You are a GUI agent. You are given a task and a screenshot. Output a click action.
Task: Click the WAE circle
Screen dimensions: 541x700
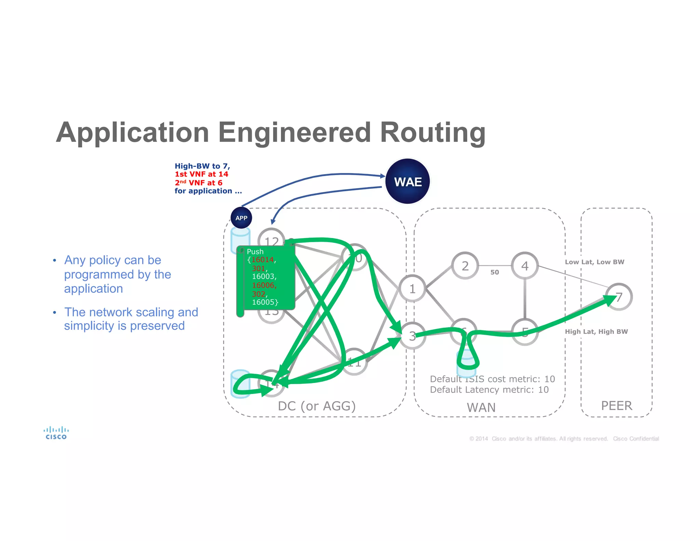click(x=407, y=181)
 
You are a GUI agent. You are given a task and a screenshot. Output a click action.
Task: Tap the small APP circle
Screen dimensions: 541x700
click(x=241, y=218)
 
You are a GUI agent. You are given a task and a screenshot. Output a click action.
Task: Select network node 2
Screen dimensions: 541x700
click(x=465, y=266)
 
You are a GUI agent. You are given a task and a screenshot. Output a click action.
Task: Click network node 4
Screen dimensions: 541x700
click(x=525, y=266)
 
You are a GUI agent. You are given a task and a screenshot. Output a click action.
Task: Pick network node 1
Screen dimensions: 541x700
click(x=413, y=289)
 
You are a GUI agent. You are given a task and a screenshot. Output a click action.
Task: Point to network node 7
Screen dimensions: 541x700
click(x=619, y=297)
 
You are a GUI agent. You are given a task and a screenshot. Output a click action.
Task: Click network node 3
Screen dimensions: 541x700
click(x=413, y=336)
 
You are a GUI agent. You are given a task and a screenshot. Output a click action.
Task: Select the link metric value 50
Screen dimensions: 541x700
click(x=495, y=273)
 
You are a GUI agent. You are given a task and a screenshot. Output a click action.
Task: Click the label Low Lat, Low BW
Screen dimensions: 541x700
click(x=594, y=262)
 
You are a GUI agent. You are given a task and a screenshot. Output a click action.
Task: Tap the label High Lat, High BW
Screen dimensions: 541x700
click(x=596, y=331)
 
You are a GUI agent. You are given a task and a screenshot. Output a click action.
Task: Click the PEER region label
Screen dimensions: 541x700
click(x=617, y=406)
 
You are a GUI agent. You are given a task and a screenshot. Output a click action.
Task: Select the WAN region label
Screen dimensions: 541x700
click(x=481, y=407)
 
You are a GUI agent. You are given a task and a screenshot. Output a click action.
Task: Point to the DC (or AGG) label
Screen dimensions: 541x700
click(x=317, y=406)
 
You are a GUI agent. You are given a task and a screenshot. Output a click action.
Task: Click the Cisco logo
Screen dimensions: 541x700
click(x=56, y=433)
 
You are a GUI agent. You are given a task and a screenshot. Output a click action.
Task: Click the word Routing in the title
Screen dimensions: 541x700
click(x=432, y=133)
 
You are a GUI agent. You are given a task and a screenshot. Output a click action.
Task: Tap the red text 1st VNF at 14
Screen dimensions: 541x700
click(x=201, y=174)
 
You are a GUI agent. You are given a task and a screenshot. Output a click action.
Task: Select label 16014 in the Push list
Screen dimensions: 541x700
click(x=262, y=260)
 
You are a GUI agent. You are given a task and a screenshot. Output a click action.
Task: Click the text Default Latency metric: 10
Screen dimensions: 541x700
click(x=489, y=390)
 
